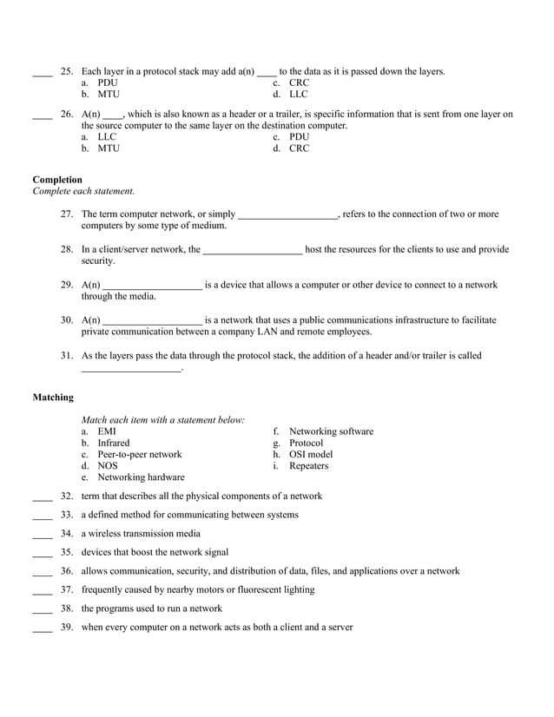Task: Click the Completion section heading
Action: point(57,180)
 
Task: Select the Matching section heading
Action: point(53,398)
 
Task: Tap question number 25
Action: point(67,71)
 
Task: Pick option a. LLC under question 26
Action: point(99,137)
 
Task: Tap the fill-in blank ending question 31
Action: point(131,371)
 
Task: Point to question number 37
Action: point(67,589)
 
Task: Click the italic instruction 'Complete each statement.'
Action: point(83,191)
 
